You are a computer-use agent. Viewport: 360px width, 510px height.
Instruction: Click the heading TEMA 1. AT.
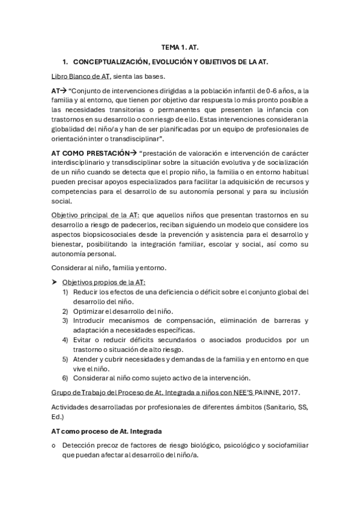coord(179,46)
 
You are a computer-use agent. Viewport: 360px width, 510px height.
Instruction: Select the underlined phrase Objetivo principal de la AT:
coord(96,215)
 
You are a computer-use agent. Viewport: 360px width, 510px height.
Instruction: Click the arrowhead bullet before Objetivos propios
coord(55,283)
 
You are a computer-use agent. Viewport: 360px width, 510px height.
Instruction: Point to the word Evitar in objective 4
coord(84,340)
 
